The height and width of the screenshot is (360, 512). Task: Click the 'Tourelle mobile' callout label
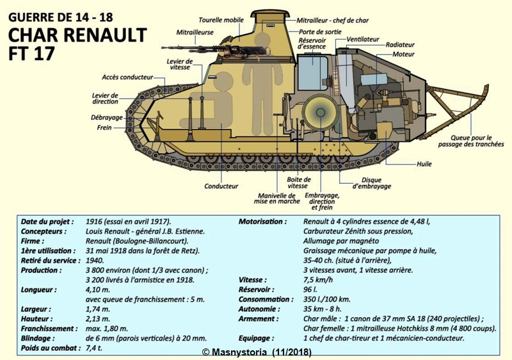221,20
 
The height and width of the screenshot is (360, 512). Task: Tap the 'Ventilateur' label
363,39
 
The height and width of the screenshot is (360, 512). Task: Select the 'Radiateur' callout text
400,45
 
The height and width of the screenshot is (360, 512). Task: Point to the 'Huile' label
424,164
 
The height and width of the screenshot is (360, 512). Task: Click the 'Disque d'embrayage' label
372,183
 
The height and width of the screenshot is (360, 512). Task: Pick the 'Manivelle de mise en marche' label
276,199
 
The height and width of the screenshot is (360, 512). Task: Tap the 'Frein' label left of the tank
104,127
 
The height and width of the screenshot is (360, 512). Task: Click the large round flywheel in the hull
320,113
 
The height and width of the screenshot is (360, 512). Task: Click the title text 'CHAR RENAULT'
77,35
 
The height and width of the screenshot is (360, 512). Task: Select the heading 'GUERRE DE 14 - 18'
60,17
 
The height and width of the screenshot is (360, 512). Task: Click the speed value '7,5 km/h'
318,280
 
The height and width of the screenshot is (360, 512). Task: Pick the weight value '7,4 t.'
94,348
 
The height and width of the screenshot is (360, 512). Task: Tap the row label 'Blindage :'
38,338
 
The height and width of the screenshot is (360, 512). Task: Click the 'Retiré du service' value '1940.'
95,260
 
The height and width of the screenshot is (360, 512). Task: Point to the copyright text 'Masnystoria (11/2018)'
257,352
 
